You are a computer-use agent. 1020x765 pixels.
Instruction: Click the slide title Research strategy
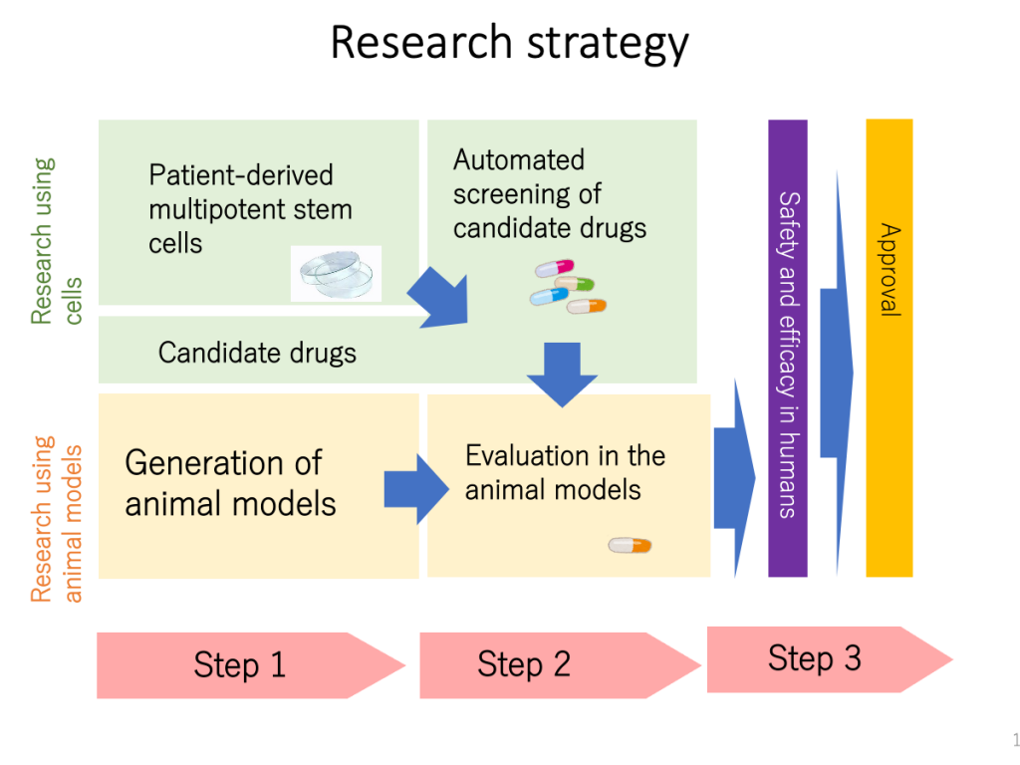(x=509, y=44)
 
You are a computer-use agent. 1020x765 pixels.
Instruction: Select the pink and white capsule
(x=555, y=268)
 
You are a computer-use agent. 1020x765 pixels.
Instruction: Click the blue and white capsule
(x=549, y=296)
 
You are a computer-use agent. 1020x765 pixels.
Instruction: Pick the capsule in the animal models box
(x=630, y=545)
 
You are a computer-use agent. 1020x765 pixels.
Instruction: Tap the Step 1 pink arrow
(x=249, y=664)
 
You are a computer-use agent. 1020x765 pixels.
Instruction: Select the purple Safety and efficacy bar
(x=787, y=349)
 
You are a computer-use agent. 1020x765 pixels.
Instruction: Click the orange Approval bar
(x=889, y=349)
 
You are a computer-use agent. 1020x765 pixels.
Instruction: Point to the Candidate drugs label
(x=257, y=352)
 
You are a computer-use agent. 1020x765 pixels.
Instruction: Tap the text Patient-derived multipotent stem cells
(x=250, y=209)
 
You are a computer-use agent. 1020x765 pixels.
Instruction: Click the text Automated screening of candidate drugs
(x=549, y=194)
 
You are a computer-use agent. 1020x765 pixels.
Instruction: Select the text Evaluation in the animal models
(x=565, y=472)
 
